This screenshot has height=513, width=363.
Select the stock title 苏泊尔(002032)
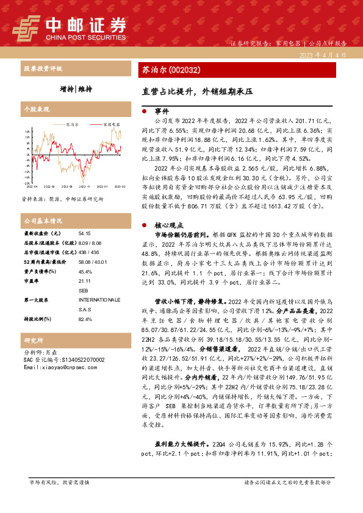pos(168,70)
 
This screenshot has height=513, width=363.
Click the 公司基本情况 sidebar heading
pos(43,221)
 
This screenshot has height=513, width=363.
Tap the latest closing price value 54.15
pos(85,233)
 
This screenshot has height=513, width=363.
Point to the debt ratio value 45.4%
pos(85,272)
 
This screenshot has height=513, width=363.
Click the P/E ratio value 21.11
pos(85,282)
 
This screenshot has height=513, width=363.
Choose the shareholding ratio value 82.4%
pos(85,319)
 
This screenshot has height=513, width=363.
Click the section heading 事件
pos(162,112)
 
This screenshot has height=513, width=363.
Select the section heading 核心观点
pos(168,225)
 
